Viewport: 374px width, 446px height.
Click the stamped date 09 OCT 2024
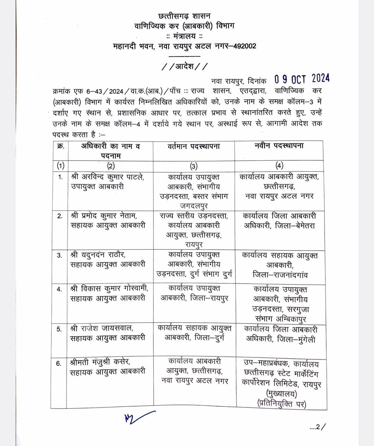tap(302, 79)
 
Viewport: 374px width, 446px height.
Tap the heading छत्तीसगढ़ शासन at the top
tap(184, 16)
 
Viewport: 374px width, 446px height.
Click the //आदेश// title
tap(185, 66)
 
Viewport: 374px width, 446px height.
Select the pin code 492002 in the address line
tap(244, 46)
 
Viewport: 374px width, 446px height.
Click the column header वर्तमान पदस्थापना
tap(194, 146)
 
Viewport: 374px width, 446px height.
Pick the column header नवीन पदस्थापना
tap(279, 146)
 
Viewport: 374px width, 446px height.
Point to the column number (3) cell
tap(194, 166)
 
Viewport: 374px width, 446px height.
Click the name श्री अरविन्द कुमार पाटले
tap(107, 177)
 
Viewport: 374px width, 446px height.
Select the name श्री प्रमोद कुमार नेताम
tap(104, 216)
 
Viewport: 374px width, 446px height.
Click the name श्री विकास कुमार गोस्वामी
tap(109, 288)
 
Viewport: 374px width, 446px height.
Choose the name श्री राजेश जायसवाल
tap(102, 328)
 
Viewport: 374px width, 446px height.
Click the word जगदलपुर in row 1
tap(194, 206)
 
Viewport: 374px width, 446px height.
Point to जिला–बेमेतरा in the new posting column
tap(295, 226)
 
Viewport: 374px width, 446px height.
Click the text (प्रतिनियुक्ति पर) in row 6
tap(282, 403)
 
